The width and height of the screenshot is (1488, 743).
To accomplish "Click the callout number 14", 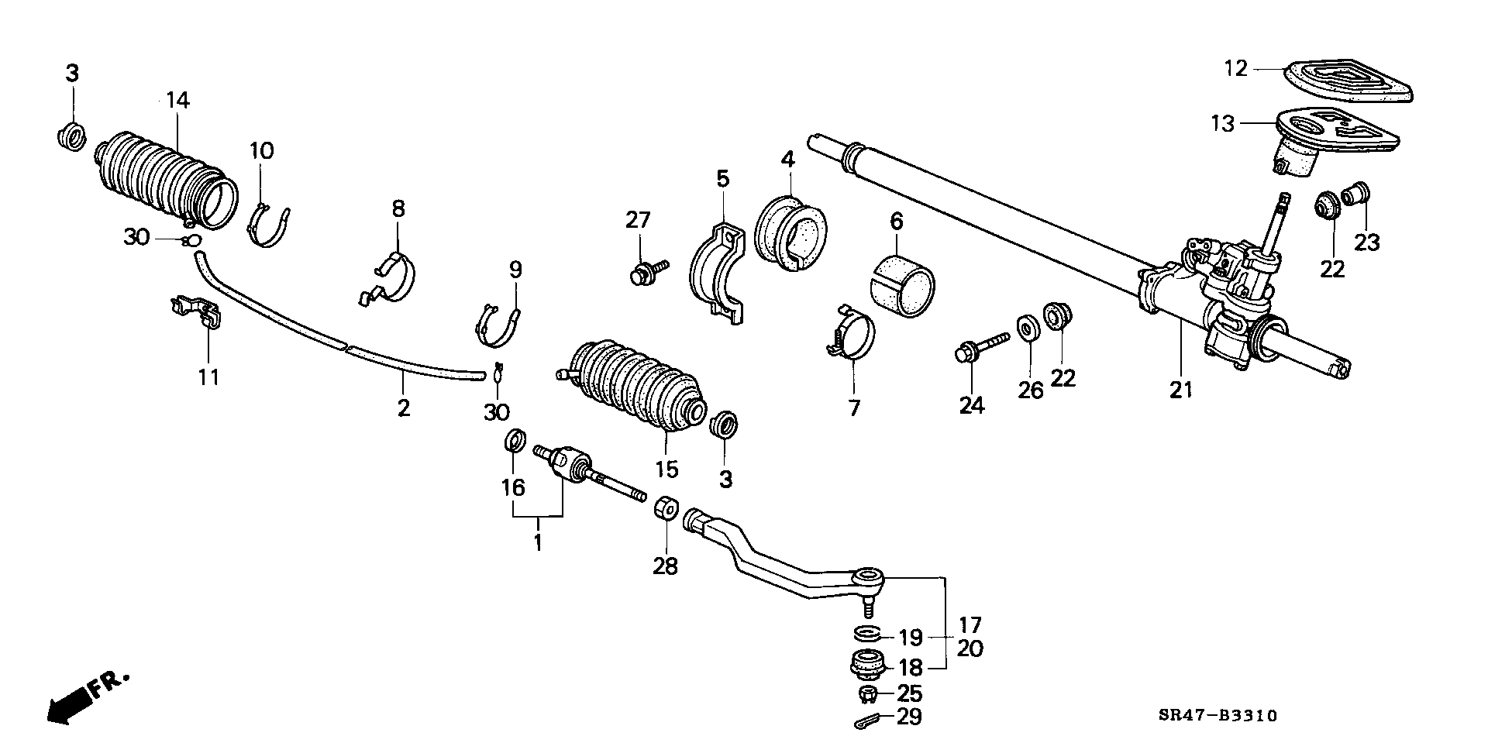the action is (x=177, y=100).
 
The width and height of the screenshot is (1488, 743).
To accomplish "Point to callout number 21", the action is (x=1180, y=390).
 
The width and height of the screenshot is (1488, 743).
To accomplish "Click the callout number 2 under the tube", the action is (x=403, y=407).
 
